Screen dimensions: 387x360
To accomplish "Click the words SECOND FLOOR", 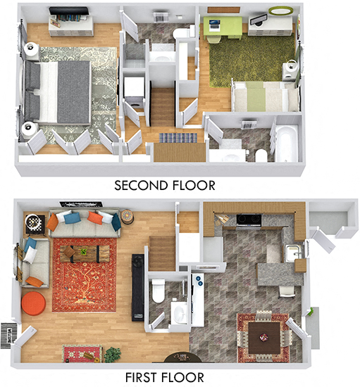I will tap(164, 186).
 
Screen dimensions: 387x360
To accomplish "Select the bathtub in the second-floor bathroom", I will tap(287, 144).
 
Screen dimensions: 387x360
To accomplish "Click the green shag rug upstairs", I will tap(250, 60).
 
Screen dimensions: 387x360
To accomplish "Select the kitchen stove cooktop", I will tap(248, 220).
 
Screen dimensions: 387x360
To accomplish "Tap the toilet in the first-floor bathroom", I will tap(159, 288).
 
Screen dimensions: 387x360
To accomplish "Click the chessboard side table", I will tap(34, 222).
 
